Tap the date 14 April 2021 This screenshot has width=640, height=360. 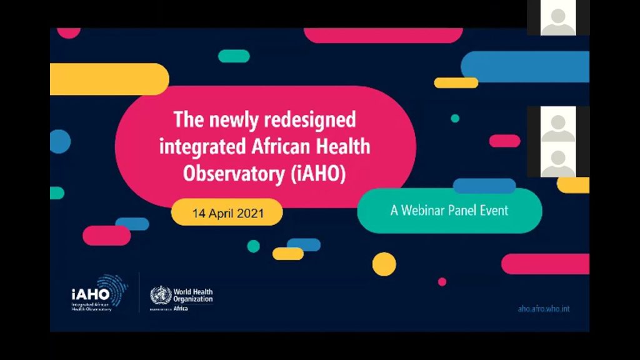pos(228,213)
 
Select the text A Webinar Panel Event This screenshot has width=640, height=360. pos(449,211)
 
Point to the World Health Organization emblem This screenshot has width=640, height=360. pos(160,294)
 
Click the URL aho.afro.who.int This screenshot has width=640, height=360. pos(544,309)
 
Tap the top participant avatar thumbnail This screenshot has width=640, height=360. pos(557,17)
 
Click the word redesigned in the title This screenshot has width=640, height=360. pos(309,119)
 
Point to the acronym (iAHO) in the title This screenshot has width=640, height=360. pos(318,174)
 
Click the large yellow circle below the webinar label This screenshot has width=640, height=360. pos(384,264)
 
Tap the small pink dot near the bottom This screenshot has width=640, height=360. pos(442,282)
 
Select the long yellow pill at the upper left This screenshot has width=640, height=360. pos(109,79)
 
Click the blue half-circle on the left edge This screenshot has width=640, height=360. pos(59,141)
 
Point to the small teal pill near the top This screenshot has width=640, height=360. pos(234,56)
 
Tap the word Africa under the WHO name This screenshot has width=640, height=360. pos(181,308)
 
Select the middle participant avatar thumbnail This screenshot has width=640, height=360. pos(557,125)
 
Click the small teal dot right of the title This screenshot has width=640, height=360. pos(455,118)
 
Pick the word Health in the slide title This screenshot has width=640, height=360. pos(345,147)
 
